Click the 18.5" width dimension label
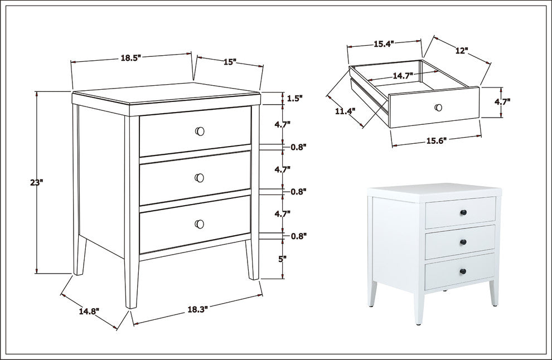coord(130,58)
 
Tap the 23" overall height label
coord(37,183)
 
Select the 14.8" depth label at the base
coord(89,311)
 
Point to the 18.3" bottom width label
coord(197,309)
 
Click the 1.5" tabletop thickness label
coord(294,99)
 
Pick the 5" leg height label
coord(283,259)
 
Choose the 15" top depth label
coord(230,62)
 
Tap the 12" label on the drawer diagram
coord(462,51)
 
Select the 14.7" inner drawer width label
coord(403,76)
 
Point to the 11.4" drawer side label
coord(345,111)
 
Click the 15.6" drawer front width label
coord(437,141)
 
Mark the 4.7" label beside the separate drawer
coord(502,102)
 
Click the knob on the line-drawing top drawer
coord(200,132)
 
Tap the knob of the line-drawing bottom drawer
coord(200,224)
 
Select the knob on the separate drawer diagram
coord(438,108)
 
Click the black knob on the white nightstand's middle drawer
coord(463,242)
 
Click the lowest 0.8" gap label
coord(299,236)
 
